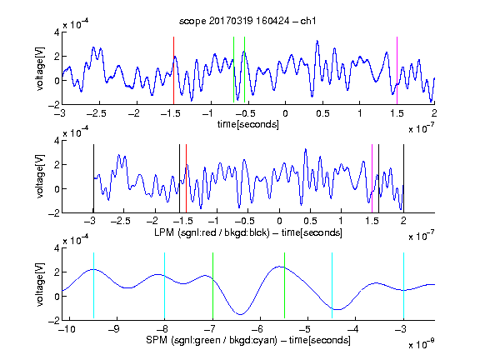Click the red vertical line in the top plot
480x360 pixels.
173,71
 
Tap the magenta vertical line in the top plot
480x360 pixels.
397,71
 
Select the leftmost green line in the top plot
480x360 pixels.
233,70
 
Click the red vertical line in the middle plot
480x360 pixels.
186,178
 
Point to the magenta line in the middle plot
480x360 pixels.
372,178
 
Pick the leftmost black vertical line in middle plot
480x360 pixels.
93,178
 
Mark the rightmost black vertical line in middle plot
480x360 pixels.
403,178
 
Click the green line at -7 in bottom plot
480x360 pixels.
212,286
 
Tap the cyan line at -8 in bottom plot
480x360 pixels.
164,286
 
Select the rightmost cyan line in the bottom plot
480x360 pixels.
403,286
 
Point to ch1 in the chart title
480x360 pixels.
308,21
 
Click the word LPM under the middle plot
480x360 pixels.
164,232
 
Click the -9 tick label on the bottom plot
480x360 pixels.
113,329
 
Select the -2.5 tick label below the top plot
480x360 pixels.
96,113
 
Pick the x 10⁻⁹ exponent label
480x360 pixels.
422,345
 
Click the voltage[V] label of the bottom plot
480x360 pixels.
40,284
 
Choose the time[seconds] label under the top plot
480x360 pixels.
248,124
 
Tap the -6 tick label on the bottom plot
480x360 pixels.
259,329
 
